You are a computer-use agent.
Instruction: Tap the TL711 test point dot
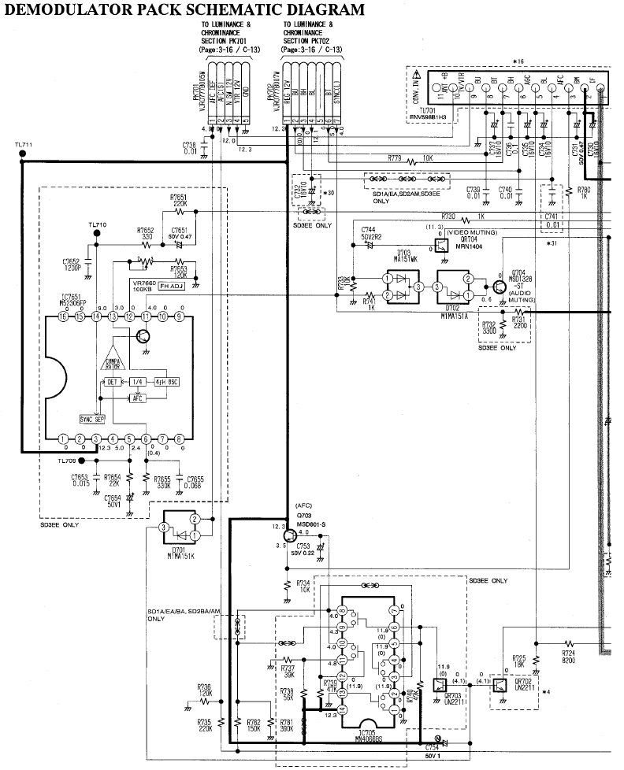(x=21, y=154)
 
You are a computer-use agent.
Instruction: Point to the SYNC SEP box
(x=92, y=419)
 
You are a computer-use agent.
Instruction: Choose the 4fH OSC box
(x=166, y=382)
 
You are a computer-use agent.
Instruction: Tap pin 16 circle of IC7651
(x=62, y=317)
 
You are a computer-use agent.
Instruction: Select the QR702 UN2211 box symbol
(x=498, y=685)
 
